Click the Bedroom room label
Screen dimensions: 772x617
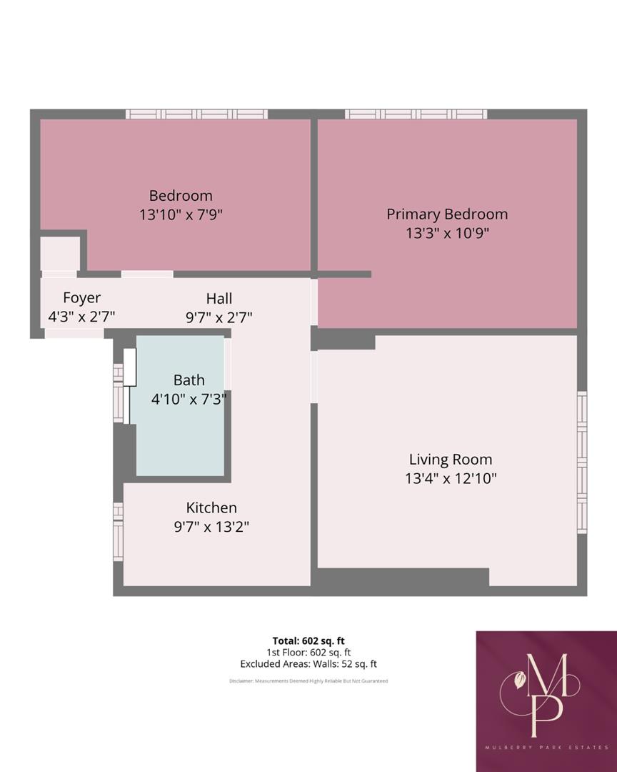pyautogui.click(x=181, y=195)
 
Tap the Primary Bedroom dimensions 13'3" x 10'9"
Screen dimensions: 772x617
pyautogui.click(x=447, y=233)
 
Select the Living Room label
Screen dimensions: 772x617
pyautogui.click(x=450, y=460)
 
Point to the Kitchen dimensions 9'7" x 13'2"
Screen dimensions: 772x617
pyautogui.click(x=211, y=527)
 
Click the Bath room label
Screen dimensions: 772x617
pyautogui.click(x=189, y=380)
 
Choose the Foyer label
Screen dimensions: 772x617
pyautogui.click(x=81, y=298)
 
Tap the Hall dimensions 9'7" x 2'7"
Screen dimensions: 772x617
pyautogui.click(x=219, y=317)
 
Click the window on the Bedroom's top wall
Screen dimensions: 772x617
pyautogui.click(x=196, y=114)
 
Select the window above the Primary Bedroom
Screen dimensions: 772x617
pyautogui.click(x=416, y=114)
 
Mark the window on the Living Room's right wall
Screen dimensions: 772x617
pyautogui.click(x=582, y=462)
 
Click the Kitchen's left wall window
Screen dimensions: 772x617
pyautogui.click(x=118, y=530)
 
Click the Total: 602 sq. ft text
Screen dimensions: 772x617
pyautogui.click(x=308, y=640)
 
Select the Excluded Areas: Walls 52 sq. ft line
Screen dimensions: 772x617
pyautogui.click(x=308, y=664)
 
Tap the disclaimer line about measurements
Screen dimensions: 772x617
pyautogui.click(x=308, y=681)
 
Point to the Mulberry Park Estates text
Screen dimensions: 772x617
pyautogui.click(x=546, y=747)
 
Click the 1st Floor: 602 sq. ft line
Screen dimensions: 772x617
pyautogui.click(x=308, y=653)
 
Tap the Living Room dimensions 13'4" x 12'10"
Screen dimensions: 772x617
pyautogui.click(x=450, y=478)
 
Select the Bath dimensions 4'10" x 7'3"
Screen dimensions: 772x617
pyautogui.click(x=189, y=399)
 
